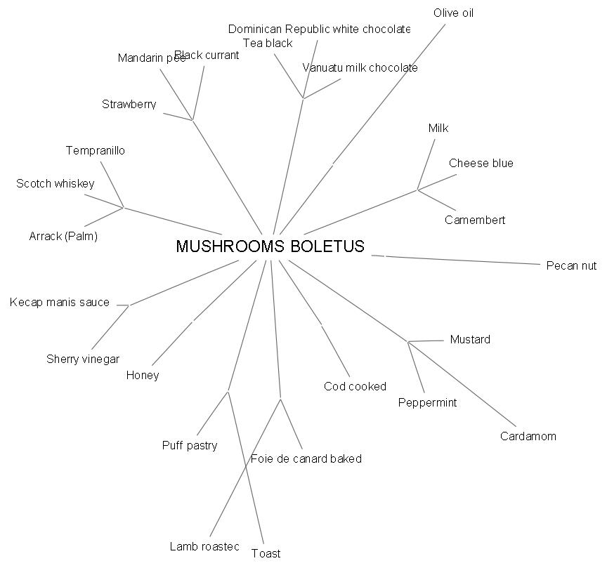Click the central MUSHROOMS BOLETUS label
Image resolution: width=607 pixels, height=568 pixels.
tap(270, 246)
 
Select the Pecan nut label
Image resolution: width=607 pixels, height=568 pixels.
tap(571, 265)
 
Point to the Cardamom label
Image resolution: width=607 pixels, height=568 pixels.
tap(528, 436)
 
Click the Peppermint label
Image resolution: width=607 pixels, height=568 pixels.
tap(427, 402)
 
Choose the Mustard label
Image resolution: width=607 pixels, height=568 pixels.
tap(470, 340)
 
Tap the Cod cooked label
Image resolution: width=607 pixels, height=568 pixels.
tap(355, 386)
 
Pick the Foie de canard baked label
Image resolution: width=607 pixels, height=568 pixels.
tap(306, 458)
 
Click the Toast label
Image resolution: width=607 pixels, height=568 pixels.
tap(266, 553)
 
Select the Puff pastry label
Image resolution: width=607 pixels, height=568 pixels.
tap(190, 445)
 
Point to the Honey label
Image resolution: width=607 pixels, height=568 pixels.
tap(143, 375)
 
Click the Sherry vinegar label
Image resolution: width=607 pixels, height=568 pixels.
tap(83, 359)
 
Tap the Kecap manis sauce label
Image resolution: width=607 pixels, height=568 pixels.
tap(60, 303)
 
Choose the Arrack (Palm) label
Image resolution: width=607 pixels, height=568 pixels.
tap(63, 236)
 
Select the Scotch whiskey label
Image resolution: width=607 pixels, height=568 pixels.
tap(56, 184)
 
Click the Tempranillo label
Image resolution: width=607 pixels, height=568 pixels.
tap(96, 150)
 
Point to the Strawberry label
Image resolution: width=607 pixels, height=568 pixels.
tap(129, 105)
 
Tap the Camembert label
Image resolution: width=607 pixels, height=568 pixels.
tap(475, 220)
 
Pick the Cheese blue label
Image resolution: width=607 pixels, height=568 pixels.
tap(481, 163)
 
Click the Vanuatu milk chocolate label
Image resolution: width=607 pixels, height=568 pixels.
tap(360, 68)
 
